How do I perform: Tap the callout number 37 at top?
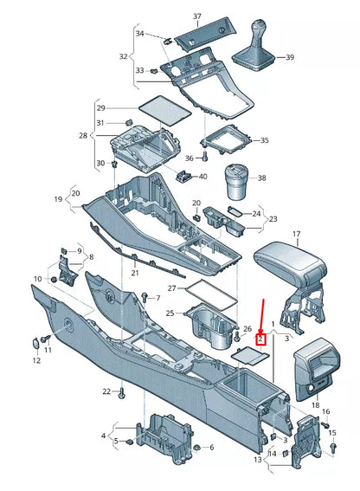tap(196, 17)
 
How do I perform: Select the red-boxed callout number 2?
tap(260, 328)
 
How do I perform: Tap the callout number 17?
tap(295, 235)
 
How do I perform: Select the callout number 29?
tap(101, 107)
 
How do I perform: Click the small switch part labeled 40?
tap(184, 176)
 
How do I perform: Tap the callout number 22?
tap(106, 392)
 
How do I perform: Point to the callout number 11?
tap(48, 350)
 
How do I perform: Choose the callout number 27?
tap(171, 288)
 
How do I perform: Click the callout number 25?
tap(170, 313)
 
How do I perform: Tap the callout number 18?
tap(315, 405)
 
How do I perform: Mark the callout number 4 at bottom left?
tap(103, 436)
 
